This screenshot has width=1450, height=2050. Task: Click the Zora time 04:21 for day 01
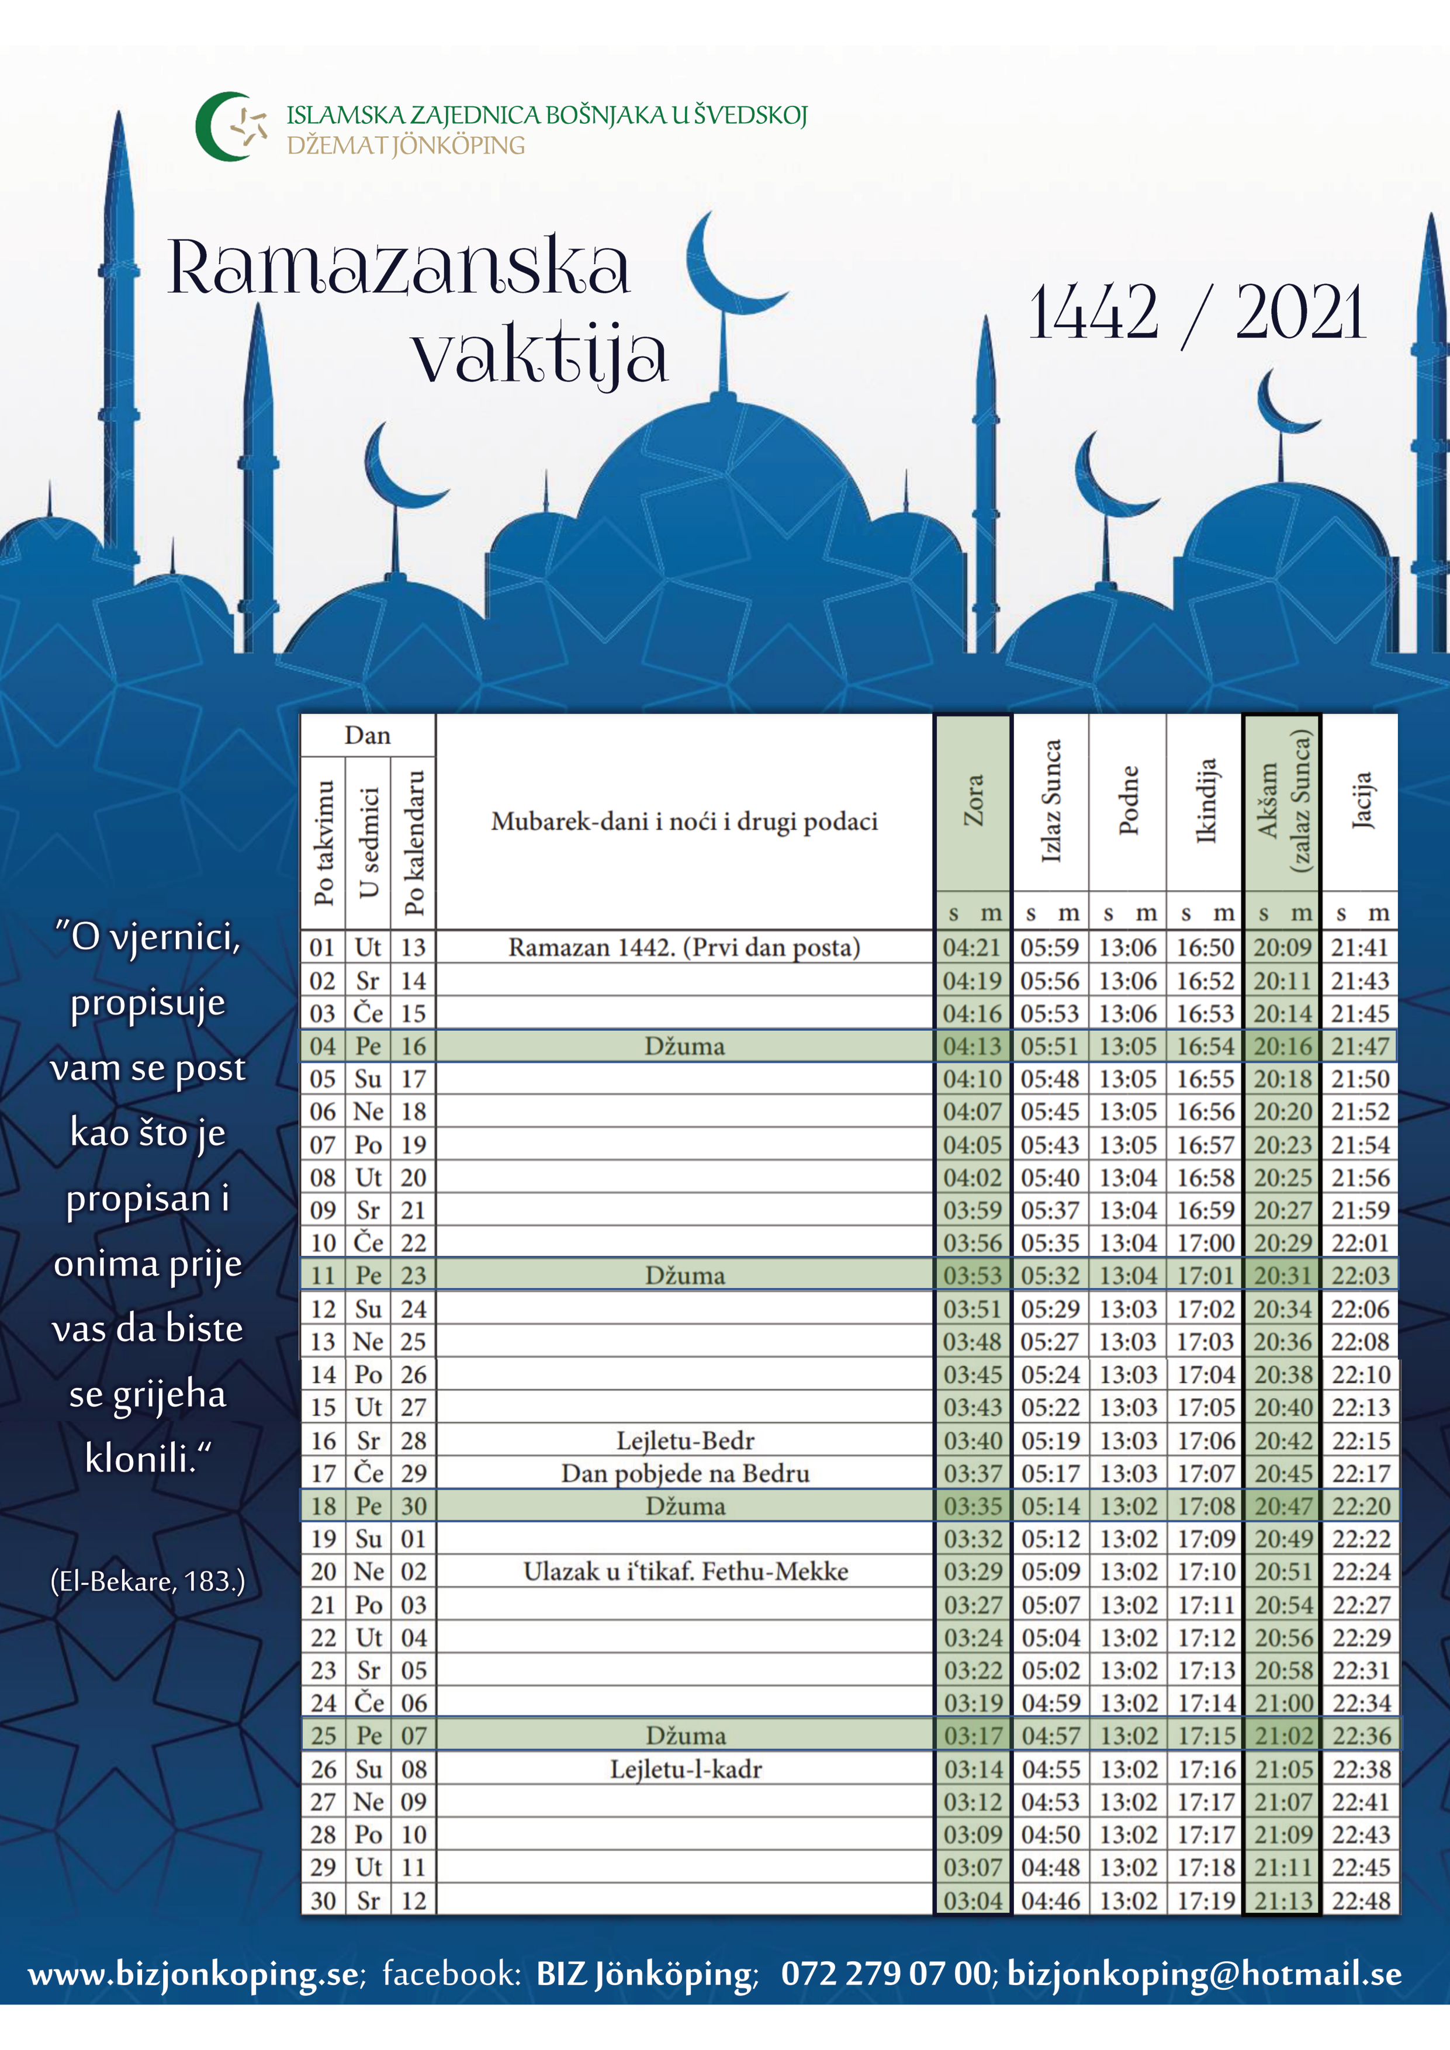coord(973,947)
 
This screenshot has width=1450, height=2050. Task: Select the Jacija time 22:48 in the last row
coord(1361,1901)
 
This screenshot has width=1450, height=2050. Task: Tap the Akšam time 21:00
coord(1283,1703)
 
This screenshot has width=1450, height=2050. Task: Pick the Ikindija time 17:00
coord(1205,1243)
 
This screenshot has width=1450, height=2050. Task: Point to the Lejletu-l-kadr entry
coord(685,1769)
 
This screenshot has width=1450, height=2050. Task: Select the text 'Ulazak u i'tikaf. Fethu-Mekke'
coord(685,1571)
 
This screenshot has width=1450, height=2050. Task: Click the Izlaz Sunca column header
coord(1051,801)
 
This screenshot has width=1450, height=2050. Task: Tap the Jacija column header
coord(1361,801)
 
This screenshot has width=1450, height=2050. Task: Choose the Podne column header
coord(1129,801)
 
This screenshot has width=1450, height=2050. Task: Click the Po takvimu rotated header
coord(323,843)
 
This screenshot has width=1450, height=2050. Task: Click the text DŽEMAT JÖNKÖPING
coord(406,146)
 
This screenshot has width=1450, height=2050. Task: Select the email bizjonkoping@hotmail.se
coord(1203,1973)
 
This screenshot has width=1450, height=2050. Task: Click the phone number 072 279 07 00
coord(885,1973)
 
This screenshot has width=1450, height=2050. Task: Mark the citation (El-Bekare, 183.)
coord(147,1581)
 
